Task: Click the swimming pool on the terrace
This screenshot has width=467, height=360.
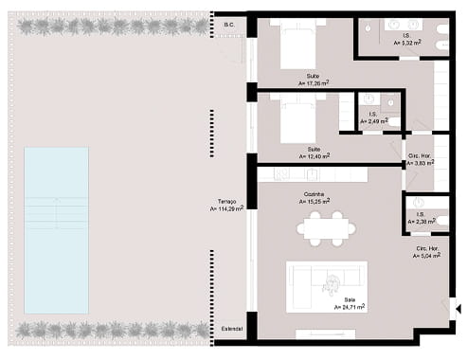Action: pyautogui.click(x=56, y=229)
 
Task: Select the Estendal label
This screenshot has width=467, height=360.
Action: pyautogui.click(x=231, y=328)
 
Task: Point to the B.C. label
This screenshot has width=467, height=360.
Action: pyautogui.click(x=228, y=25)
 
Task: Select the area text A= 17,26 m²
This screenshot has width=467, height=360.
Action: pyautogui.click(x=313, y=83)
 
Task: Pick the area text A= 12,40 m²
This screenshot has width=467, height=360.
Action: pyautogui.click(x=314, y=155)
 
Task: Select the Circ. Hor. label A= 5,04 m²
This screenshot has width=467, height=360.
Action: pyautogui.click(x=426, y=254)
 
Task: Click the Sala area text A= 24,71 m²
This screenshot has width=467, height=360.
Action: pyautogui.click(x=349, y=307)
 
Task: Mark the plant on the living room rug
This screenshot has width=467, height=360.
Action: pyautogui.click(x=333, y=280)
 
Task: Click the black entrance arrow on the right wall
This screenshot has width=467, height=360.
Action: pyautogui.click(x=458, y=307)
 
